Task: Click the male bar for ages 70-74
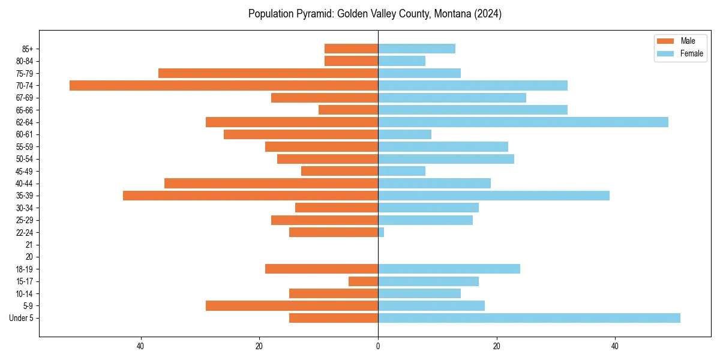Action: (x=224, y=85)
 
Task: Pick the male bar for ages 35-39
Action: (x=250, y=196)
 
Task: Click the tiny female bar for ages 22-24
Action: (x=381, y=232)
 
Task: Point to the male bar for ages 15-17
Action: (x=363, y=281)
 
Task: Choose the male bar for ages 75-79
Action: (x=268, y=73)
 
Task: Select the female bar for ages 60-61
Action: (x=404, y=134)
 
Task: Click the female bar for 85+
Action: (x=416, y=49)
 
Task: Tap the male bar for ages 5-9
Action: (x=292, y=306)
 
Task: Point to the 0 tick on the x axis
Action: (x=378, y=346)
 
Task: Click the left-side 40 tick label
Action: (x=140, y=346)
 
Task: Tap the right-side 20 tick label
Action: (x=496, y=346)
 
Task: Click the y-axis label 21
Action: (x=29, y=245)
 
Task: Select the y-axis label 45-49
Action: (x=25, y=171)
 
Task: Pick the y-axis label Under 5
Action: (x=21, y=318)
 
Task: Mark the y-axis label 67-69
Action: (x=25, y=98)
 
